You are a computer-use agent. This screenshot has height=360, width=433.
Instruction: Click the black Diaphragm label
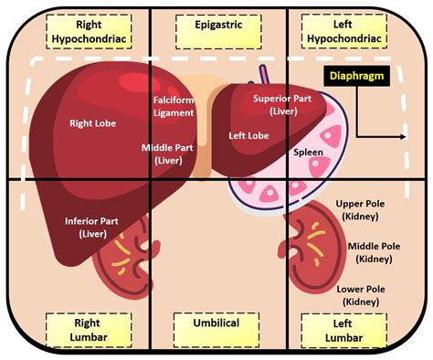pos(358,78)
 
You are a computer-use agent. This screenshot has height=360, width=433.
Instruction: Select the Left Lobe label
pos(248,135)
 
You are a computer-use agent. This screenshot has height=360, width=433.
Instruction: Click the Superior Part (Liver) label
pos(279,103)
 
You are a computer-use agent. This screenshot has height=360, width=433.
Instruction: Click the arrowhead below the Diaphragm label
pos(403,138)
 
